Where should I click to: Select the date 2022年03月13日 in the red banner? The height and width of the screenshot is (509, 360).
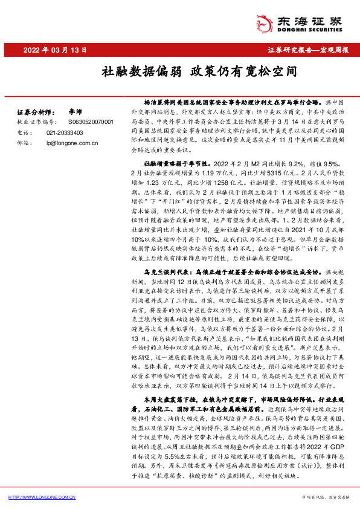pos(51,49)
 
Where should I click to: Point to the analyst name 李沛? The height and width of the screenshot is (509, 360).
pos(75,112)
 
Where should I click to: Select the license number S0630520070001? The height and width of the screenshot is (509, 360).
pos(74,122)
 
